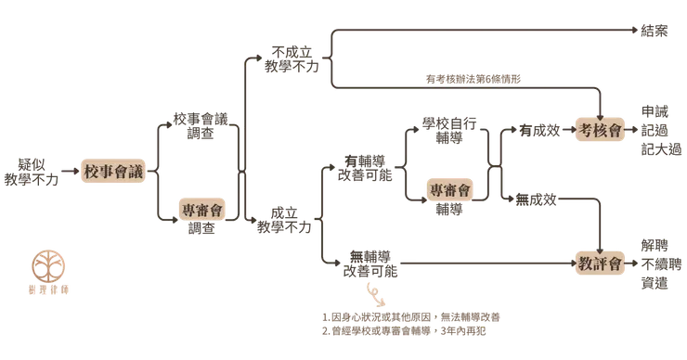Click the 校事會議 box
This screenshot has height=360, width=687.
click(x=114, y=172)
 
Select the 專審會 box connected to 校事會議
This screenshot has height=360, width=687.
click(x=201, y=210)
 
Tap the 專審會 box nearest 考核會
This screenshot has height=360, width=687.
click(x=449, y=188)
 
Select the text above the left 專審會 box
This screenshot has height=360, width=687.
click(x=201, y=123)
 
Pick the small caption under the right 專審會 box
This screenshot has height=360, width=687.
click(x=449, y=210)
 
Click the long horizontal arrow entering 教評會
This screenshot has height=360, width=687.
click(x=483, y=263)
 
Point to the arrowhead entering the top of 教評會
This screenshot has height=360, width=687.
click(x=602, y=243)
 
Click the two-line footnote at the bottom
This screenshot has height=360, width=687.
click(x=413, y=320)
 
